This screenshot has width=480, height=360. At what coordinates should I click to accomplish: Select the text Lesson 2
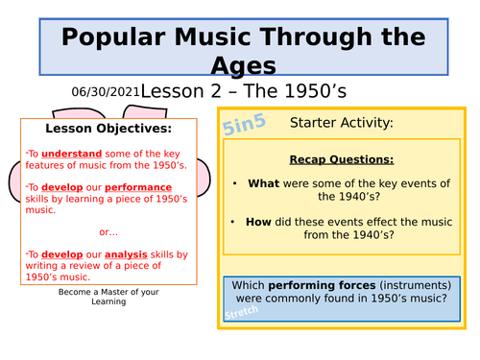point(179,91)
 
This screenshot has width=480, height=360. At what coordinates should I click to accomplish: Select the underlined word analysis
point(126,254)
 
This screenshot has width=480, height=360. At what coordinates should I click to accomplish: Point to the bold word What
point(264,183)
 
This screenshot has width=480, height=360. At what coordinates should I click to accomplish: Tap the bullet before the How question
point(234,221)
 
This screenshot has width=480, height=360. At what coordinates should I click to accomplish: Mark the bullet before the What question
point(234,183)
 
